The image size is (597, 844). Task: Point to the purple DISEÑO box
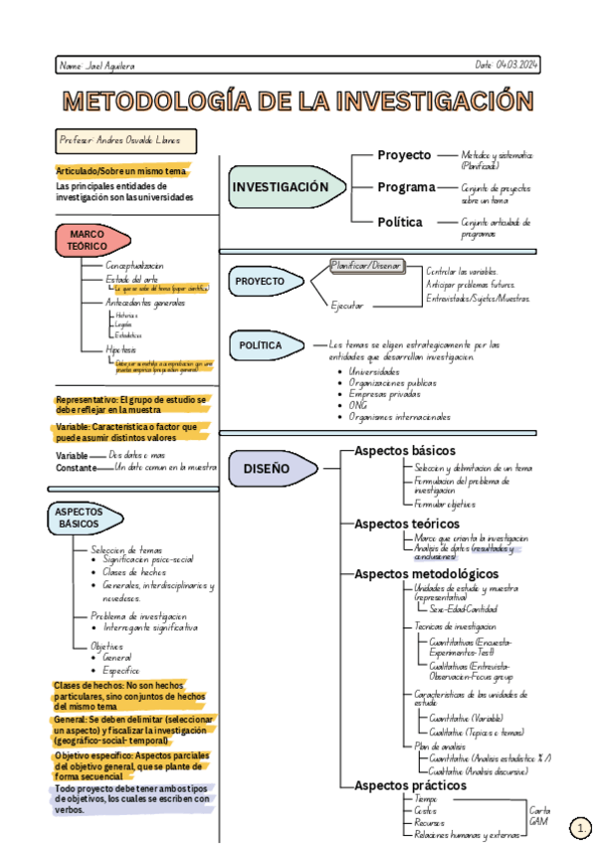267,468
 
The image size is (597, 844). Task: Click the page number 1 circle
580,827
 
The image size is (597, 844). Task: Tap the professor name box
126,141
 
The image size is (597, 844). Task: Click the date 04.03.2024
507,65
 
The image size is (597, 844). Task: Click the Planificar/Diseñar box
366,266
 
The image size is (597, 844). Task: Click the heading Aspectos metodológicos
426,574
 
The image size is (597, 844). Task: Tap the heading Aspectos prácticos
410,785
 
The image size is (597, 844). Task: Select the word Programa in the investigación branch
406,187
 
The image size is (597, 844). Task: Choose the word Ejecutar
347,306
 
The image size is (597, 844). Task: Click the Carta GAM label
539,816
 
